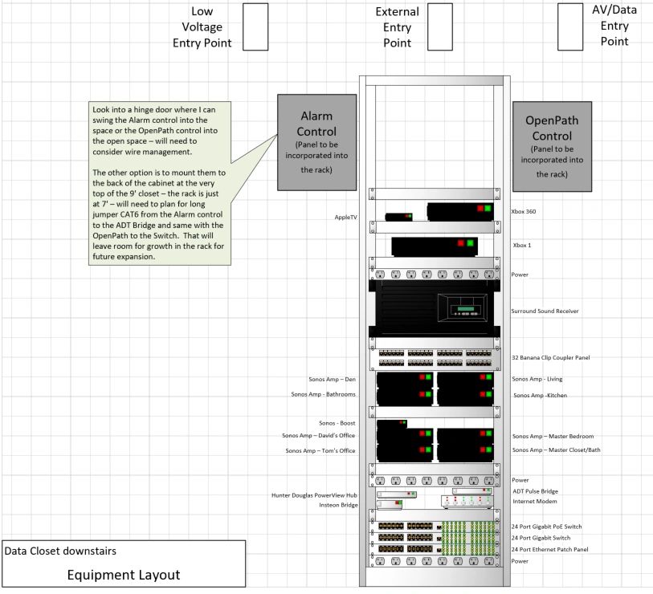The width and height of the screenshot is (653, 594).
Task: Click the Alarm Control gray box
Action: pos(317,142)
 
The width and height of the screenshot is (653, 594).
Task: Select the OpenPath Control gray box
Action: pos(552,147)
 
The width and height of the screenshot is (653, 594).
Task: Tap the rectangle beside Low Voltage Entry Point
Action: pos(255,27)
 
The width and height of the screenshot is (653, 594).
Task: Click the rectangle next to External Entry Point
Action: pos(440,27)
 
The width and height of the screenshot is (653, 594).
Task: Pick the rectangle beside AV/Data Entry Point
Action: pos(570,27)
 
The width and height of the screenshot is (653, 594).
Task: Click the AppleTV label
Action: pos(345,218)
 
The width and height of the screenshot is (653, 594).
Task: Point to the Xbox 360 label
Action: pos(524,211)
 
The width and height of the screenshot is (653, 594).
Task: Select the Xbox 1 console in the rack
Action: pos(435,247)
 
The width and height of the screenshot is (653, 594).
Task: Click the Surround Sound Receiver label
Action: pos(545,311)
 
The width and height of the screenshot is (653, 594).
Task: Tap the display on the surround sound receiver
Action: pos(466,309)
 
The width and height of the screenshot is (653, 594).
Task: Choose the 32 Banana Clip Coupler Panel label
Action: pos(550,357)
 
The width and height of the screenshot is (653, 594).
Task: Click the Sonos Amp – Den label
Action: pos(332,379)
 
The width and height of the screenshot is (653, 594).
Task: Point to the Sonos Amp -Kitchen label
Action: pos(540,396)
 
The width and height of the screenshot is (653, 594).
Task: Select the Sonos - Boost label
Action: pos(337,423)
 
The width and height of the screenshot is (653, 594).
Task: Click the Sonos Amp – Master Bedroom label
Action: pos(553,436)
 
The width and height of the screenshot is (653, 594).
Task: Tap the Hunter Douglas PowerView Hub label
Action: pos(314,495)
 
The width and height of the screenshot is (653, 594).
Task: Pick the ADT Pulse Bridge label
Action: pos(535,491)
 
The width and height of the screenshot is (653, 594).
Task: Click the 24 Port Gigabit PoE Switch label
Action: pos(546,527)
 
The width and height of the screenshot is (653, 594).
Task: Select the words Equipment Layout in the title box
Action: pos(124,575)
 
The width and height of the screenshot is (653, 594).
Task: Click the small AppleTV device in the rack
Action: pos(398,217)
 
